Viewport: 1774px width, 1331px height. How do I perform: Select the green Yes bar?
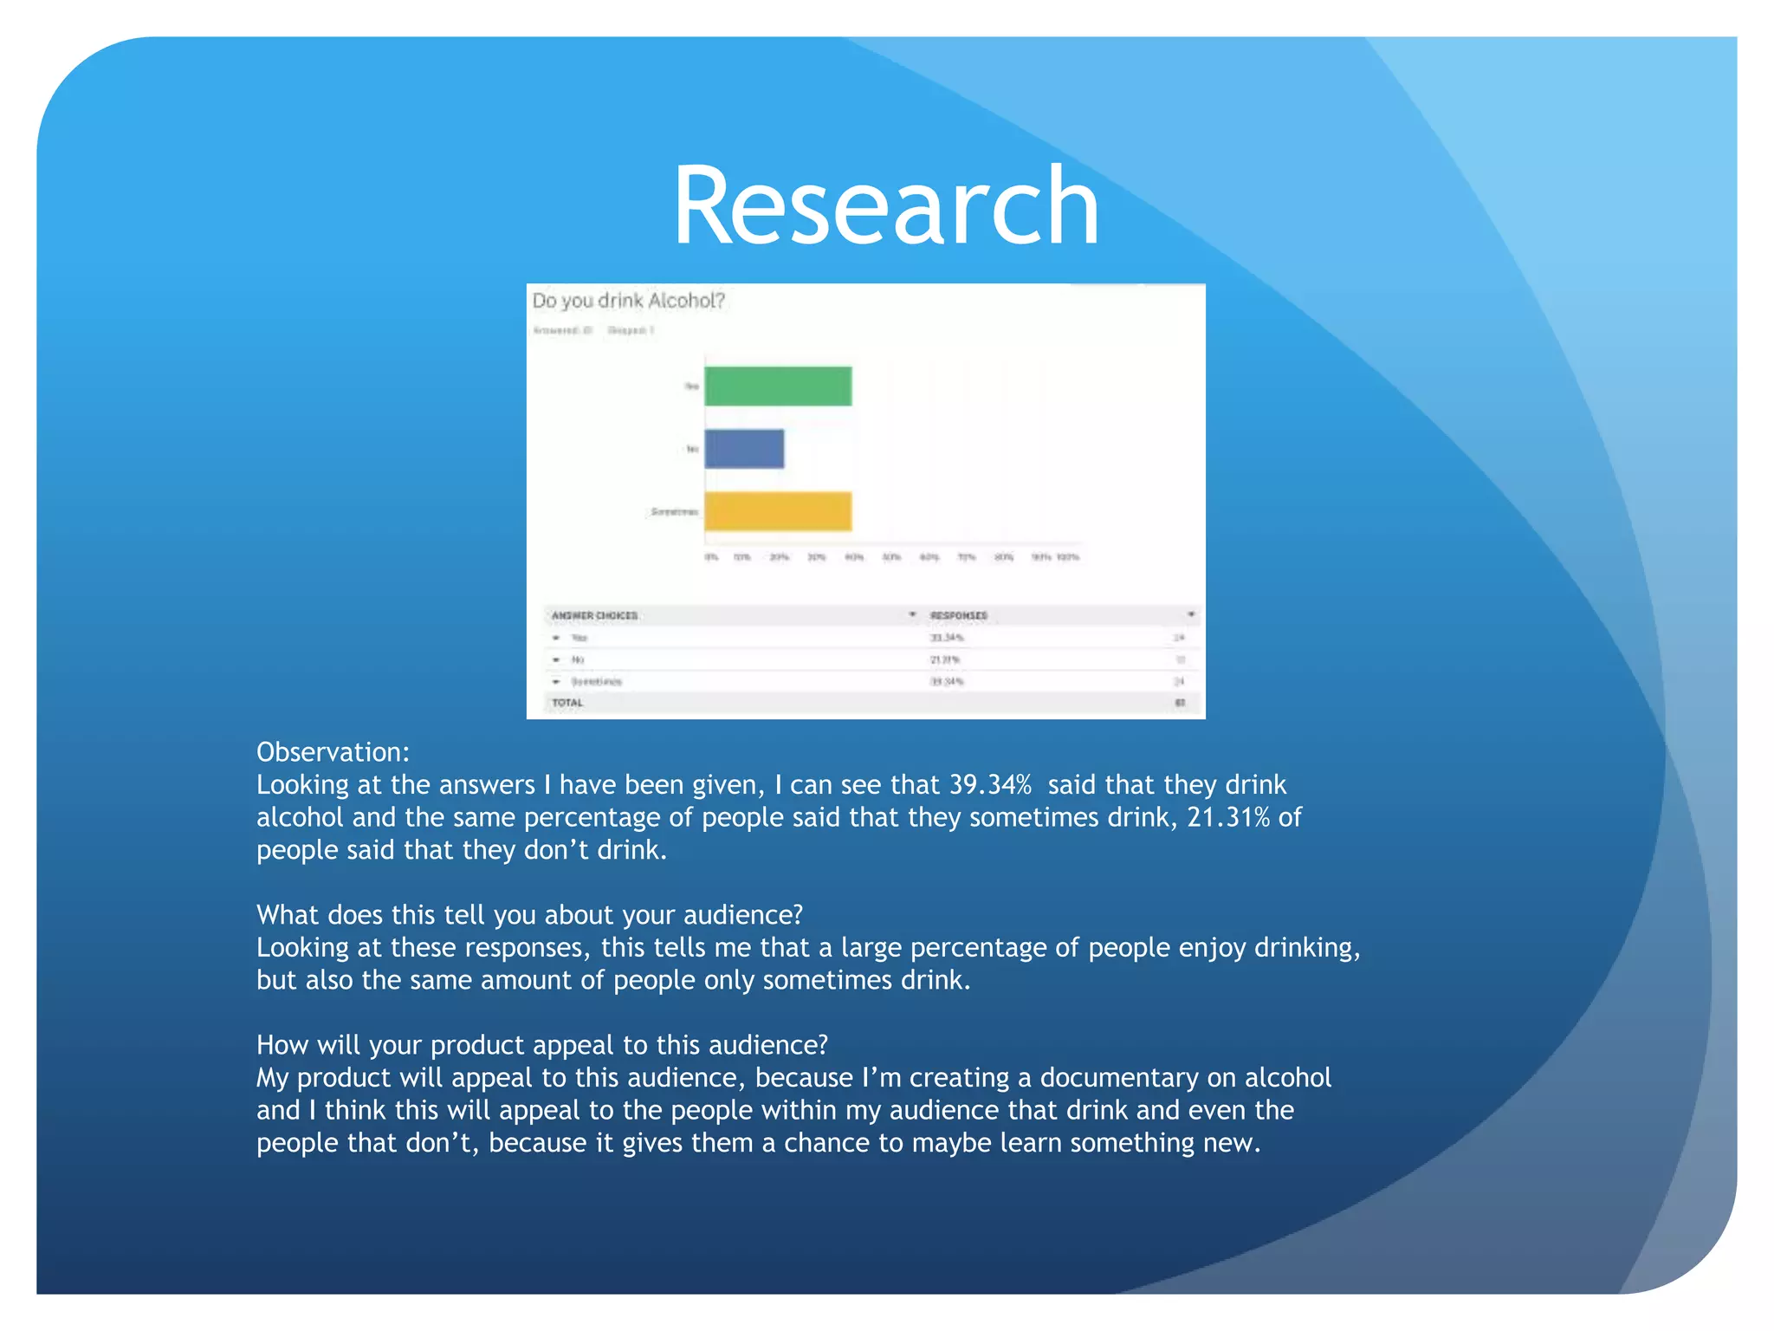pos(777,386)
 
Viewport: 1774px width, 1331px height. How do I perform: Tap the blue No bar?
pos(743,449)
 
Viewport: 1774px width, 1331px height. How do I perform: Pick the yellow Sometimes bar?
pos(777,511)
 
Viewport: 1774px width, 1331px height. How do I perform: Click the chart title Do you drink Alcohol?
pos(628,301)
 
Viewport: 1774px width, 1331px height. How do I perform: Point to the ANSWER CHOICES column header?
pos(594,615)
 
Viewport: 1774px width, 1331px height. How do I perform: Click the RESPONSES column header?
pos(958,615)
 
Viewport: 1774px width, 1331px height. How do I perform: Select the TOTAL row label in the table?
pos(567,703)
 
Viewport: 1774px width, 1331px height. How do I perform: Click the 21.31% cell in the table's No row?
pos(944,659)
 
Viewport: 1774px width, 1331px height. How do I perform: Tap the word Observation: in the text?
pos(333,751)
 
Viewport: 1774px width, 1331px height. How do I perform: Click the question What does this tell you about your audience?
pos(529,915)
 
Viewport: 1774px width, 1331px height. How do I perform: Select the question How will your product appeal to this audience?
pos(542,1045)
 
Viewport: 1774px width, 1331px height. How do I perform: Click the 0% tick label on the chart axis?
pos(711,557)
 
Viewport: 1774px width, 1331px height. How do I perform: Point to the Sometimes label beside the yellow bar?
pos(674,512)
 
